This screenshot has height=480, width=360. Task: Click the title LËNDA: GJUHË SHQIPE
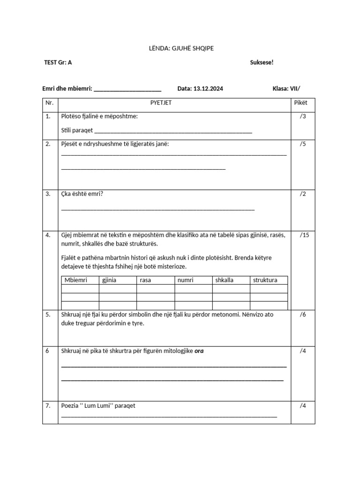point(180,48)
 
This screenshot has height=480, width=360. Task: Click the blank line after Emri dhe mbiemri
point(127,90)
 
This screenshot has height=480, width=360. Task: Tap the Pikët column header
point(300,103)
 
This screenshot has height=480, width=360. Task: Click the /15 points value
point(304,235)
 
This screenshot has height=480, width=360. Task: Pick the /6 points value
point(303,315)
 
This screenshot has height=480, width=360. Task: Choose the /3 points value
point(303,116)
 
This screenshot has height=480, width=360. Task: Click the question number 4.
point(48,235)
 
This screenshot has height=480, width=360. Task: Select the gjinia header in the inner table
point(109,280)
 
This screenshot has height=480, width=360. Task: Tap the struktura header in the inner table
point(265,280)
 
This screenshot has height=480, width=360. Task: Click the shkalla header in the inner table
point(224,280)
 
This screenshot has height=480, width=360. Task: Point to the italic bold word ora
point(200,352)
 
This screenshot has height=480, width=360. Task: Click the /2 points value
point(303,194)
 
